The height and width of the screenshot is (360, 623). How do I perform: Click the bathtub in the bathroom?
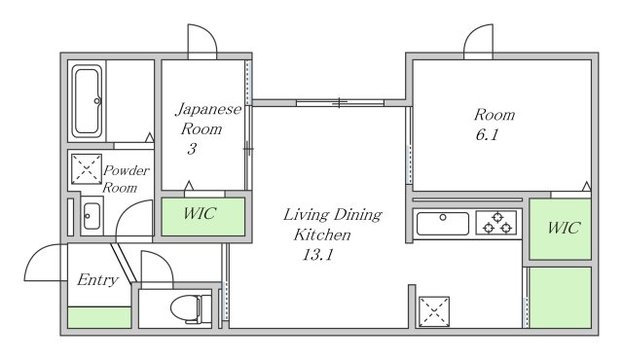tap(87, 101)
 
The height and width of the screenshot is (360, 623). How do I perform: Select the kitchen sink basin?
tap(443, 224)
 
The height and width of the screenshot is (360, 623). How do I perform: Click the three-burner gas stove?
tap(496, 222)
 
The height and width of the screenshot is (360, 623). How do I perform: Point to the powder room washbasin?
tap(92, 216)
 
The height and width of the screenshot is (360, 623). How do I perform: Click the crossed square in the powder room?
tap(87, 169)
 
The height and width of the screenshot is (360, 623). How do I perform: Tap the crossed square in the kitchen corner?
tap(434, 311)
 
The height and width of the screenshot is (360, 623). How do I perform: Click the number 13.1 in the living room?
tap(317, 254)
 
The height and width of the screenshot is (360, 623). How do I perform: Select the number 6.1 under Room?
tap(487, 135)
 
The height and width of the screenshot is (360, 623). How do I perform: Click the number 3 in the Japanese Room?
tap(192, 149)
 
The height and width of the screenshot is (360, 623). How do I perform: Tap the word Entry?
tap(97, 280)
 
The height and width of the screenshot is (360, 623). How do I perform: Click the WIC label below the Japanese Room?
tap(200, 213)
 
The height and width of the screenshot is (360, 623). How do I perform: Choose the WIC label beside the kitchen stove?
tap(564, 228)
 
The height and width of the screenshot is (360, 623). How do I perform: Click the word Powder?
tap(127, 170)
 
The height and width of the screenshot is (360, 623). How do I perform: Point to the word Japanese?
tap(208, 109)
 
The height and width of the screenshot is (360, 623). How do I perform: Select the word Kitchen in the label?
tap(322, 234)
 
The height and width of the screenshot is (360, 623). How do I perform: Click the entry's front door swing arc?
tap(40, 254)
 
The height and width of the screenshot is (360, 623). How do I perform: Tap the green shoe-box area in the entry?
tap(99, 317)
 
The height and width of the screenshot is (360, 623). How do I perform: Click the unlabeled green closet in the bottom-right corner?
tap(561, 298)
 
